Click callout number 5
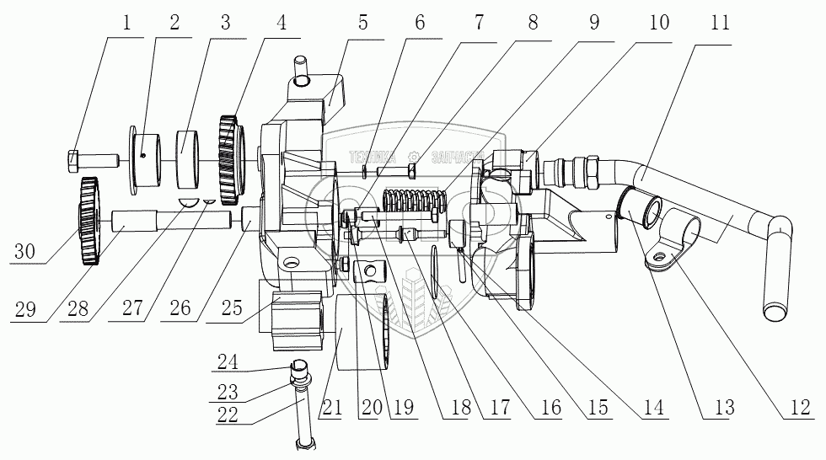point(362,23)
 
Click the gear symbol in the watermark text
point(413,156)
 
